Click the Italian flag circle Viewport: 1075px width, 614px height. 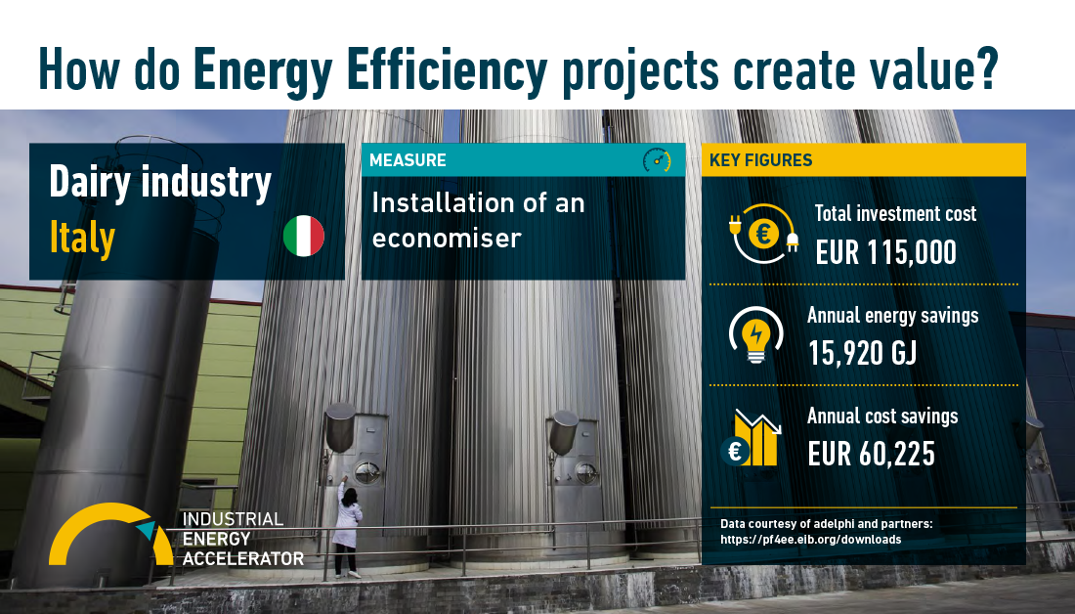304,236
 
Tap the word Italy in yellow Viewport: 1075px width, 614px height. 81,238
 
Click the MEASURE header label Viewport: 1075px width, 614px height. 408,160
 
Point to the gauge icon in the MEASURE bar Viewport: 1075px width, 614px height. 657,160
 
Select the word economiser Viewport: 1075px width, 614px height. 447,239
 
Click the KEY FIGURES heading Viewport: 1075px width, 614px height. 761,160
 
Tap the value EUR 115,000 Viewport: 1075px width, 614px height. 885,252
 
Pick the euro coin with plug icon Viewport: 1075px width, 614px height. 763,234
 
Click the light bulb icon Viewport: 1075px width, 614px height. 755,334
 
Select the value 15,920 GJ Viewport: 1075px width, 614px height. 863,353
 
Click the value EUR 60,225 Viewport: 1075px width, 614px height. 872,455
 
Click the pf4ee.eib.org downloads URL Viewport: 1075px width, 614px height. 811,540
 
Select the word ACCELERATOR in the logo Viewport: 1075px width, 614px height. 243,559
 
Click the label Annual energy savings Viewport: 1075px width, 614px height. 892,316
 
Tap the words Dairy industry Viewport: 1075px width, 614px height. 160,183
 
